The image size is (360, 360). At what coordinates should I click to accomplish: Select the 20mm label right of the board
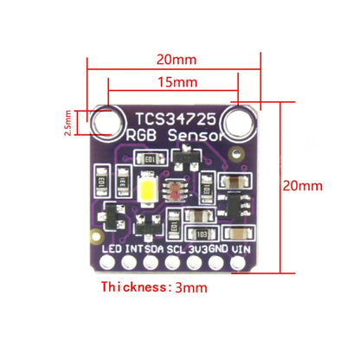[302, 185]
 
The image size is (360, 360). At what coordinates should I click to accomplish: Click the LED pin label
[111, 248]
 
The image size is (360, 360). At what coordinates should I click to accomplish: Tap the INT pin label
[133, 248]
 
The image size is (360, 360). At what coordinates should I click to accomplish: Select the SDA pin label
[153, 248]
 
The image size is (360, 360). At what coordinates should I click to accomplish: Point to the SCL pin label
[177, 248]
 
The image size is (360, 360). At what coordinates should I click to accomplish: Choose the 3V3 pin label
[197, 248]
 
